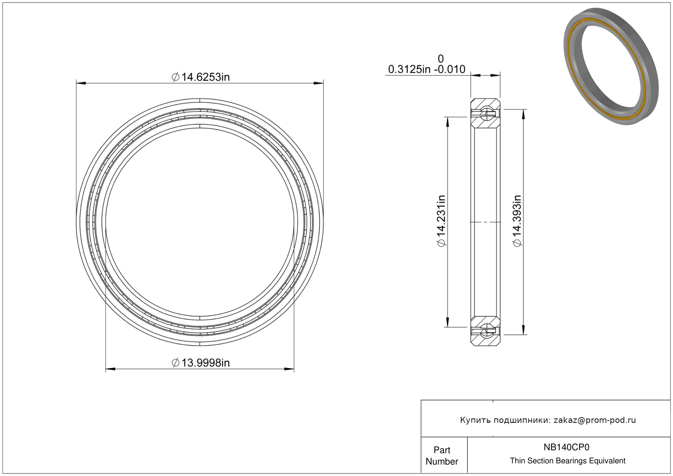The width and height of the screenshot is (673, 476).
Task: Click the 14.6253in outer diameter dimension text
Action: pos(206,77)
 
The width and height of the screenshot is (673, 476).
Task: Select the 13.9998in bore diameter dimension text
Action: pos(206,363)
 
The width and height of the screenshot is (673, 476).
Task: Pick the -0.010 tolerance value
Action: pos(450,69)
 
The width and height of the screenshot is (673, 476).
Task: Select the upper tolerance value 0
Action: pos(441,58)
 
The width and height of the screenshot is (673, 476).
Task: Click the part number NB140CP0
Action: pos(566,447)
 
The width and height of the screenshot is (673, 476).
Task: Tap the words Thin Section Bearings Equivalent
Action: pos(568,461)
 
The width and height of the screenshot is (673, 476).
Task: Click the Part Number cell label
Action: pos(442,456)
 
